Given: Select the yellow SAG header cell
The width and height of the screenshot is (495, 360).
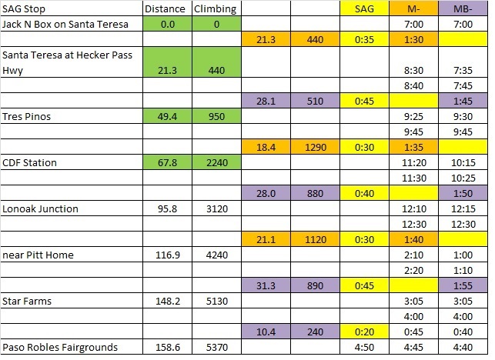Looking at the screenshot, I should (364, 8).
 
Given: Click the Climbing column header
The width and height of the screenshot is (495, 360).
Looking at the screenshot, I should (216, 8).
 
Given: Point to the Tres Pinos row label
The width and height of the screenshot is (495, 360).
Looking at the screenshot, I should (27, 116).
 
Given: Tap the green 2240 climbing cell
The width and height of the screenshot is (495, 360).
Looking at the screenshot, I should (216, 162).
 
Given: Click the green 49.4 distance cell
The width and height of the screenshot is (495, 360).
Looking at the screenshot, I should (166, 116).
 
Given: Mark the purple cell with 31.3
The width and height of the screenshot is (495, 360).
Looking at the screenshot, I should (266, 285).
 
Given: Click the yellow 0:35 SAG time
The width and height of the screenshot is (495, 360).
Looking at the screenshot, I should (364, 38).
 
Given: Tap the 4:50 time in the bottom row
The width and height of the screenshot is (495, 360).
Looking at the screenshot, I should (364, 347).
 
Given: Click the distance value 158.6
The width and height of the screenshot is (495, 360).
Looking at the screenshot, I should (166, 347).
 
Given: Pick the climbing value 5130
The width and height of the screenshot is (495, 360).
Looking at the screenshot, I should (216, 301).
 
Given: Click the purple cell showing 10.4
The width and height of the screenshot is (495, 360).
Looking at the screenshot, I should (266, 332).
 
